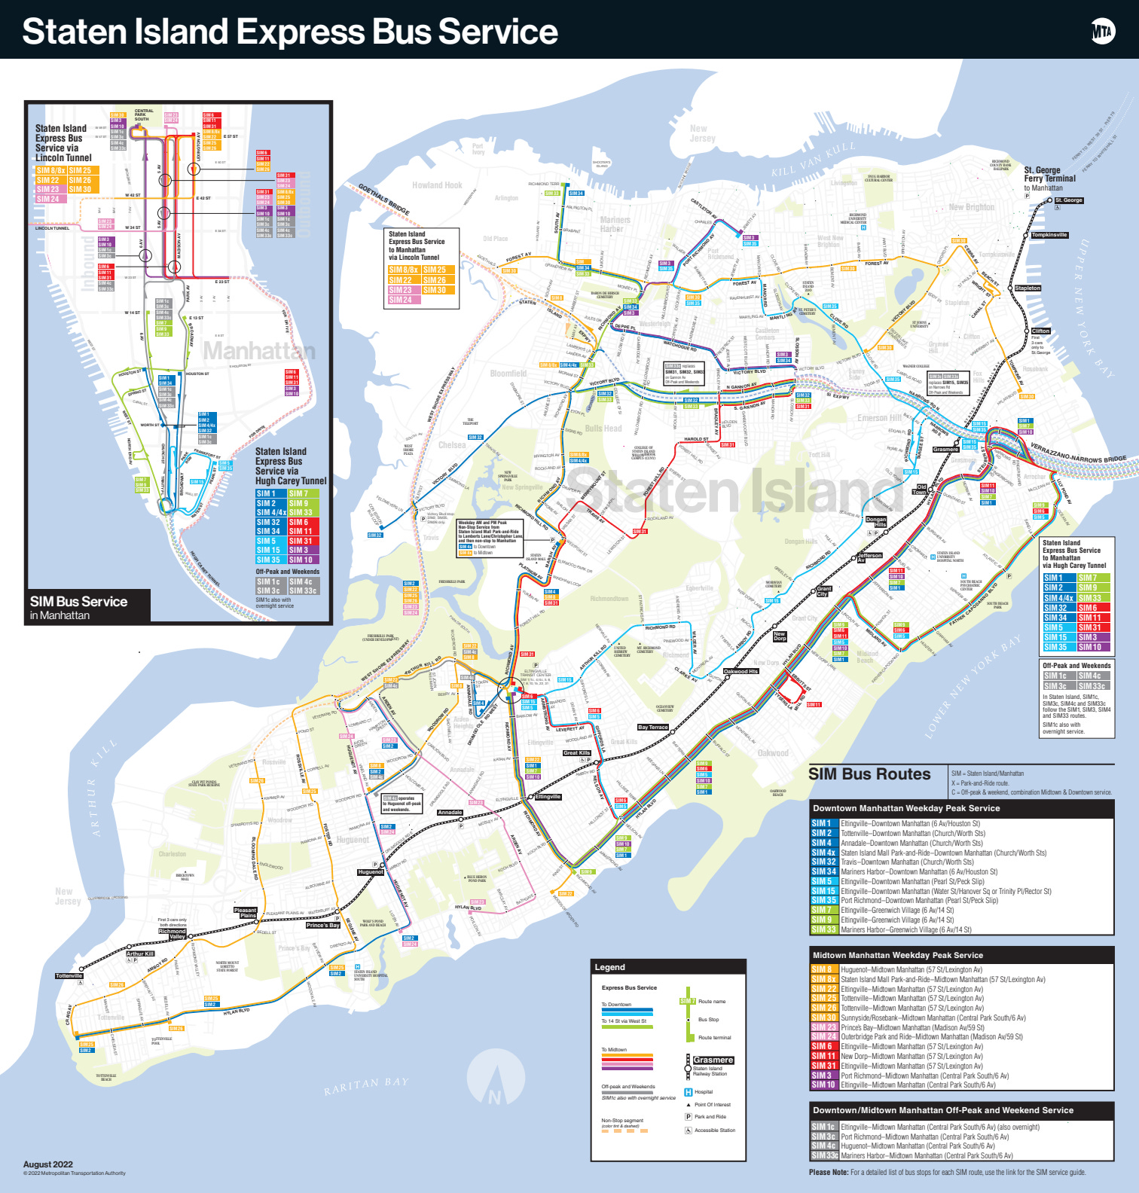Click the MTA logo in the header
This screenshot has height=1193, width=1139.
[x=1103, y=31]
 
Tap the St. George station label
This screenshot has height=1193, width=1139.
[x=1069, y=200]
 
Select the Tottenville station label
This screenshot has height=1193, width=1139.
[x=69, y=975]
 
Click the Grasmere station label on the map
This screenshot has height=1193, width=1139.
[x=945, y=450]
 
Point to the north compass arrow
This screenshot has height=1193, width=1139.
[x=494, y=1082]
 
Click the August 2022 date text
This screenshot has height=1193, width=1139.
[x=47, y=1164]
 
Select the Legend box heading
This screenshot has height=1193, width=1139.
[x=609, y=967]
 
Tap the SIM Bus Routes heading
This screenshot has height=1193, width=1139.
[x=869, y=774]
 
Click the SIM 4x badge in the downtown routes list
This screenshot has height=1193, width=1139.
[x=823, y=853]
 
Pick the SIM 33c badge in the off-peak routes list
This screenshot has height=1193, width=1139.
[x=824, y=1155]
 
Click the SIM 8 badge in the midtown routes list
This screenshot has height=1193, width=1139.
[x=822, y=970]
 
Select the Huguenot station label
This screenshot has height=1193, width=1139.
[x=371, y=872]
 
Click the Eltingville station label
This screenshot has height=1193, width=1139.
[x=548, y=797]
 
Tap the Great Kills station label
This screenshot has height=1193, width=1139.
[x=577, y=752]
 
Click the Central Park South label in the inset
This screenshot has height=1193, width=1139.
[x=143, y=114]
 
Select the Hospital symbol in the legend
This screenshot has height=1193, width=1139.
[x=688, y=1092]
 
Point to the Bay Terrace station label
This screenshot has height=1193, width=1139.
[x=652, y=727]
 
